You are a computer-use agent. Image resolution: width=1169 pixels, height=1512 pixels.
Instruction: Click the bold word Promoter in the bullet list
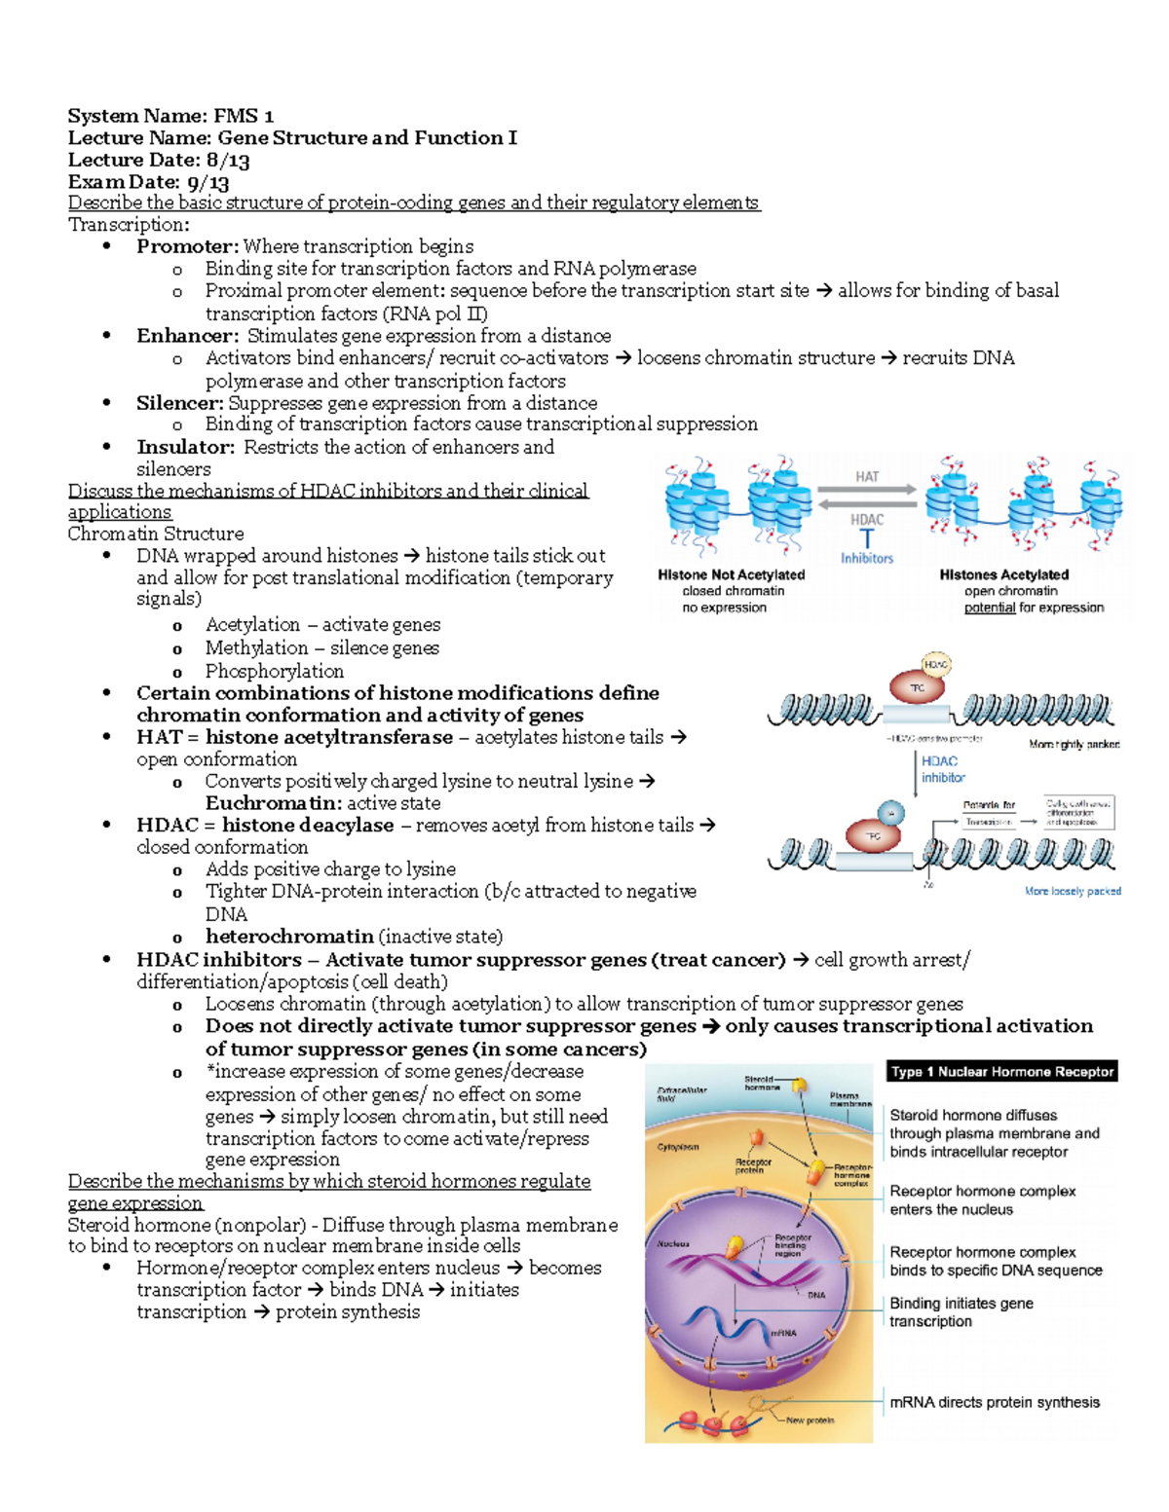pyautogui.click(x=186, y=246)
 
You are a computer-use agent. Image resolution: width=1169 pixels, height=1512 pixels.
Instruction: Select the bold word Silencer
pyautogui.click(x=180, y=403)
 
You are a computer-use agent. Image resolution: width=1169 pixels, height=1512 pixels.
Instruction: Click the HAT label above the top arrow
pyautogui.click(x=867, y=476)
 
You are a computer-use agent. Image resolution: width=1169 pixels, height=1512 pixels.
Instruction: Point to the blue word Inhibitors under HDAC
pyautogui.click(x=867, y=558)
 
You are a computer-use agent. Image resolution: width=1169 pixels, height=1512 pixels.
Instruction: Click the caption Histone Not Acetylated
pyautogui.click(x=731, y=574)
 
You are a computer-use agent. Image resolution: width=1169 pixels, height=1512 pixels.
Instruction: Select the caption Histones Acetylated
pyautogui.click(x=1003, y=574)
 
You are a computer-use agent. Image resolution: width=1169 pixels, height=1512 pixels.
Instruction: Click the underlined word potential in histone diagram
pyautogui.click(x=989, y=608)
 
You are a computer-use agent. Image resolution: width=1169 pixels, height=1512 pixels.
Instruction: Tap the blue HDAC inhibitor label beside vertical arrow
pyautogui.click(x=942, y=769)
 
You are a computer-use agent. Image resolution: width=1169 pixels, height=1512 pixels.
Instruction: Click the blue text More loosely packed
pyautogui.click(x=1073, y=891)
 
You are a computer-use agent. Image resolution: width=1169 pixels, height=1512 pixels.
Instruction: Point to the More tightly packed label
pyautogui.click(x=1074, y=744)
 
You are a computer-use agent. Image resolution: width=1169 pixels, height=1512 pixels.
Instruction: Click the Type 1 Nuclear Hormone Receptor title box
pyautogui.click(x=1001, y=1071)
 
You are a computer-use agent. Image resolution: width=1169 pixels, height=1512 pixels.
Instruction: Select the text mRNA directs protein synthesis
pyautogui.click(x=994, y=1402)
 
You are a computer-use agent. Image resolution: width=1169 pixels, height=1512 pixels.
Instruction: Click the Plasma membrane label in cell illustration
pyautogui.click(x=850, y=1099)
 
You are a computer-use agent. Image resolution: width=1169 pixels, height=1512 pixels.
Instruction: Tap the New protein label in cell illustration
pyautogui.click(x=810, y=1420)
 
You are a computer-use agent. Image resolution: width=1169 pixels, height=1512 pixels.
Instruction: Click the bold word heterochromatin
pyautogui.click(x=289, y=937)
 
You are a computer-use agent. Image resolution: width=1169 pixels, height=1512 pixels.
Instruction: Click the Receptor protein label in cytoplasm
pyautogui.click(x=752, y=1165)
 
